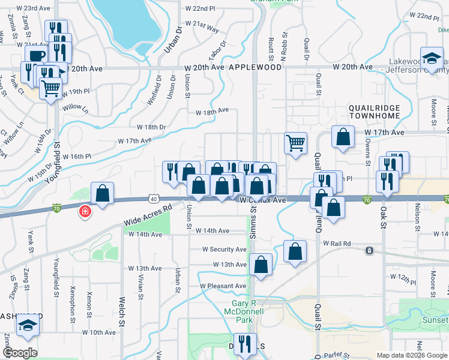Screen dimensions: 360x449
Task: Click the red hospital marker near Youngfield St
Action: coord(85,211)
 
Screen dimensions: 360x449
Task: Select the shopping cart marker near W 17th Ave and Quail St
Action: coord(295,143)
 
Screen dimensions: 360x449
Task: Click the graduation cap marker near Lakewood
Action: coord(431,58)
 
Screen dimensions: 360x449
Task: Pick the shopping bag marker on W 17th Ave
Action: coord(342,137)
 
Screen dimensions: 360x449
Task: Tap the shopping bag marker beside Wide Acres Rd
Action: coord(103,193)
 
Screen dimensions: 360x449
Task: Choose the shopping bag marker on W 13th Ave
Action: coord(261,265)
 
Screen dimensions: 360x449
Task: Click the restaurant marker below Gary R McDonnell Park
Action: coord(244,344)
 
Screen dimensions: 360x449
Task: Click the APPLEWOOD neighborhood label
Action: coord(255,68)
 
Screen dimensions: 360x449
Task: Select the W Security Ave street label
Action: coord(224,249)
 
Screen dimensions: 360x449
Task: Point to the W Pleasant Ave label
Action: coord(223,286)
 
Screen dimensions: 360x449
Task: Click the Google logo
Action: coord(20,353)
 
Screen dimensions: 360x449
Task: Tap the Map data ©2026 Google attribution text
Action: coord(412,355)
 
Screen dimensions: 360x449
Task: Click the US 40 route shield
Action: coord(154,199)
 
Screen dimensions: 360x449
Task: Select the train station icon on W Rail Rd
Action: coord(370,250)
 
